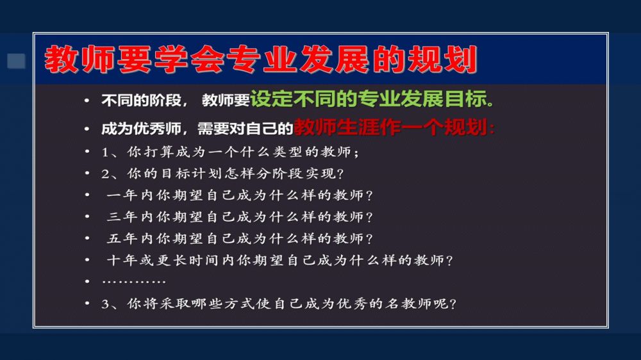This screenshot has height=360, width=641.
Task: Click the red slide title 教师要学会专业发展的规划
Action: coord(261,59)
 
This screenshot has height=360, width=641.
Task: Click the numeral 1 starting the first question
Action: coord(104,152)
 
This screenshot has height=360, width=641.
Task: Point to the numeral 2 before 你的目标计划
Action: coord(105,174)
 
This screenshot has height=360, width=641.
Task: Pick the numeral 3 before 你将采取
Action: coord(105,304)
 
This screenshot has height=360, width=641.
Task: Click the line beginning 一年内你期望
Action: coord(240,195)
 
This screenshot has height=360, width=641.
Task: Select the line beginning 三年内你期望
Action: coord(240,217)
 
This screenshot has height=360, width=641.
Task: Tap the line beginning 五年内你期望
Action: coord(240,239)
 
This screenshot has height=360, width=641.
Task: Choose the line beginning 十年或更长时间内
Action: coord(279,260)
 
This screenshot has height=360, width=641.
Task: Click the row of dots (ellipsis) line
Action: coord(134,282)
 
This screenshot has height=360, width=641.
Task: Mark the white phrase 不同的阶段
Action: coord(142,100)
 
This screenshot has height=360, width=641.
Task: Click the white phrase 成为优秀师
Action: coord(142,129)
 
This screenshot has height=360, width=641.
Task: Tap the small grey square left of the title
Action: coord(17,61)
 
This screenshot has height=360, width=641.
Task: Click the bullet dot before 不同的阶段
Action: coord(87,100)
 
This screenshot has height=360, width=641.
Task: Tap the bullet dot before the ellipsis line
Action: coord(87,282)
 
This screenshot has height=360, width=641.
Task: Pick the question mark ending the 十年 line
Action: coord(450,261)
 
